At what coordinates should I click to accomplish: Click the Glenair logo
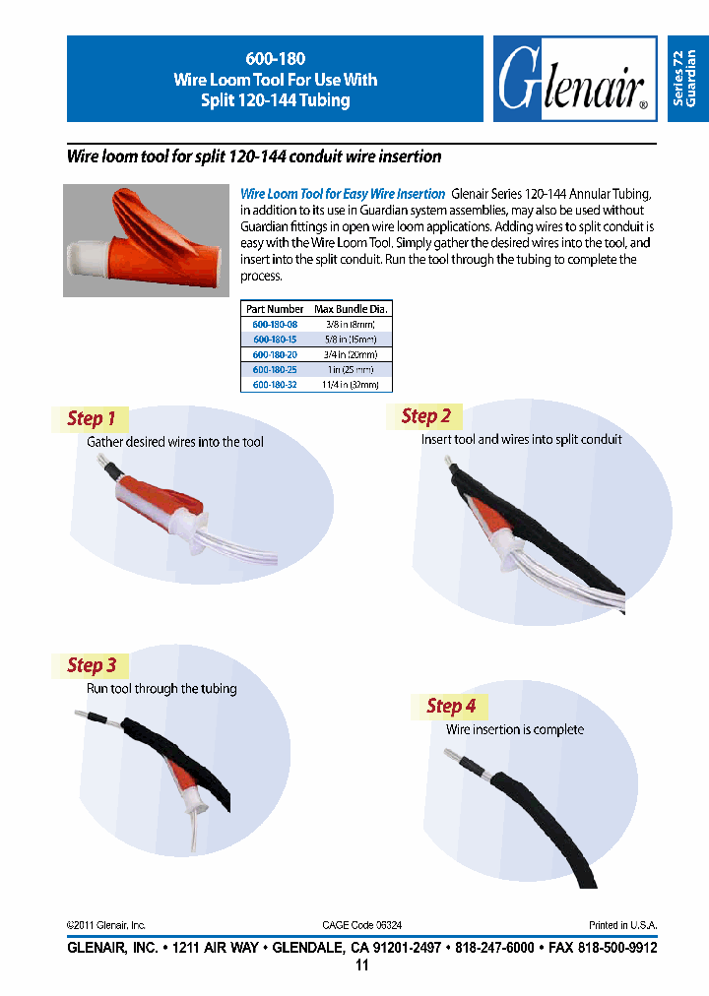(574, 80)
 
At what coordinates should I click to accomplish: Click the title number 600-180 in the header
(275, 58)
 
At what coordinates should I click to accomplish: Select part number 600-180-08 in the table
(275, 324)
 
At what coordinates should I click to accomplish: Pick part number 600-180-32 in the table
(275, 385)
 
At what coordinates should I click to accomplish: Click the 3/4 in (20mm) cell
(352, 354)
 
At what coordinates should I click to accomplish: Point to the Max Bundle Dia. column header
(352, 309)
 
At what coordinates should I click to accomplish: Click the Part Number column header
(275, 309)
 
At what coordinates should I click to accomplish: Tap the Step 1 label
(91, 418)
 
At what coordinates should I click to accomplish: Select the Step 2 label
(425, 416)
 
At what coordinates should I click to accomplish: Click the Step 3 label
(91, 665)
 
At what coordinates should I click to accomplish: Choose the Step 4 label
(450, 706)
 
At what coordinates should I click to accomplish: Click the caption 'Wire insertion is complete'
(514, 730)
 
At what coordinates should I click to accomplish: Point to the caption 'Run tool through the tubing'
(161, 689)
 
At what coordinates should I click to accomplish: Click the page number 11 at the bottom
(361, 965)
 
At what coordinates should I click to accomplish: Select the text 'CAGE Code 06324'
(361, 925)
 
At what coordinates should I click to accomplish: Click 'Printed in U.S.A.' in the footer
(622, 925)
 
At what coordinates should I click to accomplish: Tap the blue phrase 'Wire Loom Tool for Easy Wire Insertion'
(343, 195)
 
